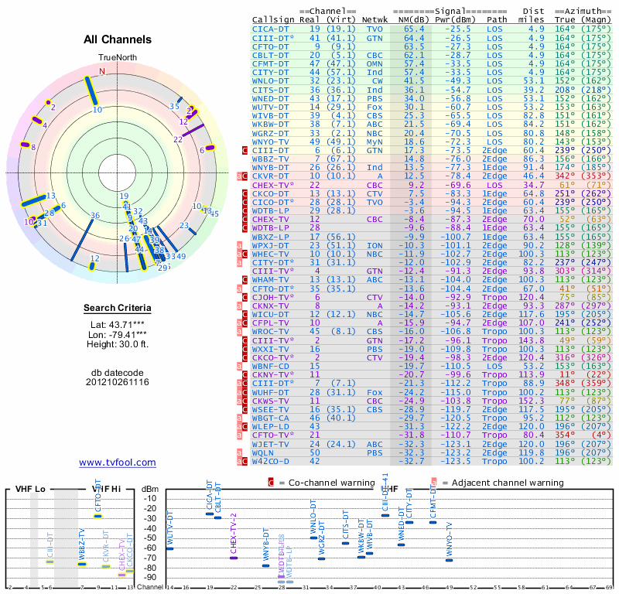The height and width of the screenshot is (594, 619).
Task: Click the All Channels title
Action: (x=117, y=39)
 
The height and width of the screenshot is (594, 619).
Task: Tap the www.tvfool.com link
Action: (x=117, y=463)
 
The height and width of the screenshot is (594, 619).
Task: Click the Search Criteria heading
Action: (x=117, y=309)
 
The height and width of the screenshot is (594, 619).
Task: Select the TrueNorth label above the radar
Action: (x=117, y=58)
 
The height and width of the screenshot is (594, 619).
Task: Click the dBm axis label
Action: (x=150, y=488)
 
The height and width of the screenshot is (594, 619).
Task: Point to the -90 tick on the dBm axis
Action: (x=150, y=577)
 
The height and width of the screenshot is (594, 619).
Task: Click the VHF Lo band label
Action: (x=30, y=489)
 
